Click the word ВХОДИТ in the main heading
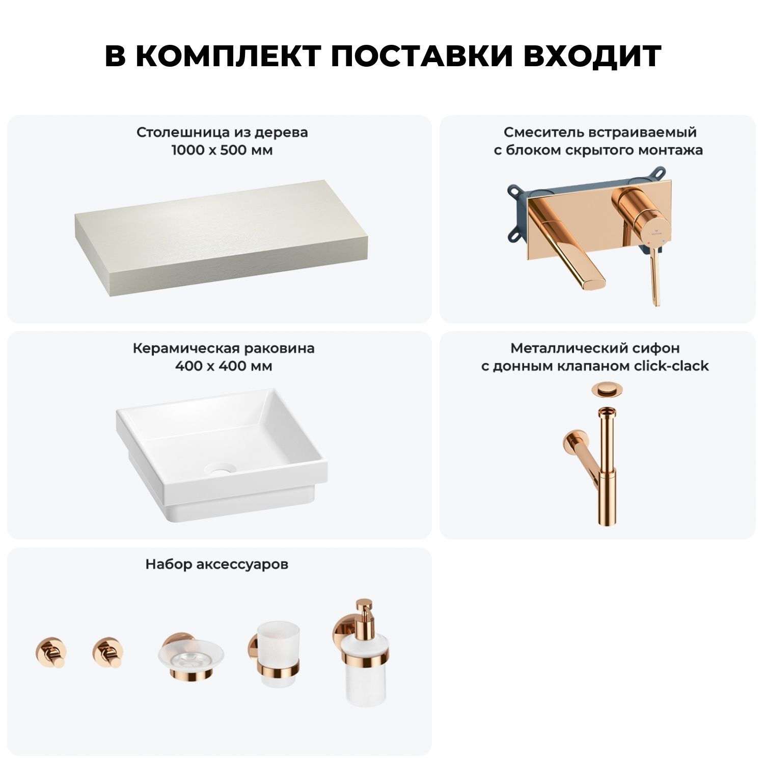tap(592, 56)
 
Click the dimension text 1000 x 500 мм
tap(222, 150)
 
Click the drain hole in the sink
tap(221, 469)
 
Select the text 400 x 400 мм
tap(224, 366)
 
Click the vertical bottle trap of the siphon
tap(606, 466)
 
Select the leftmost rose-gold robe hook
tap(50, 652)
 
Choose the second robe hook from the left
tap(108, 652)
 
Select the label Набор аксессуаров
tap(217, 564)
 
